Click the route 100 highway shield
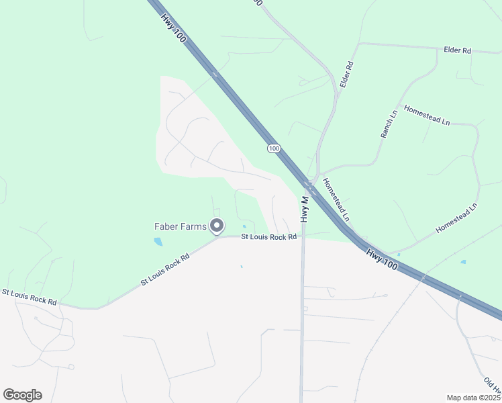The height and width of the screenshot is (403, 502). (273, 148)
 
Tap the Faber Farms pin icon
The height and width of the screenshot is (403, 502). (217, 226)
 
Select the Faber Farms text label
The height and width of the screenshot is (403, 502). (181, 226)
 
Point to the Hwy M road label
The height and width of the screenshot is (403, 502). (305, 209)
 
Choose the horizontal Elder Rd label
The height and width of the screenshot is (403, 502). (458, 50)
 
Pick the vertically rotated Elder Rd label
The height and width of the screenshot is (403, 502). (346, 75)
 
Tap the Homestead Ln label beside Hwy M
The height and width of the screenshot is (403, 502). (336, 199)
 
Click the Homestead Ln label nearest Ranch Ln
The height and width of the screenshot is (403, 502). (426, 115)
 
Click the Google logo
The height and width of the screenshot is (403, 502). (22, 395)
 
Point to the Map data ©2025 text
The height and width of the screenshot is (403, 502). (473, 398)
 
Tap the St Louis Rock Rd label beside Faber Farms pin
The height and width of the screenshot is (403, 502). (268, 237)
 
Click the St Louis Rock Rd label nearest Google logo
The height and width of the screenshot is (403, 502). (29, 297)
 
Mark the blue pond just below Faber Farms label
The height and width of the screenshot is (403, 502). (158, 241)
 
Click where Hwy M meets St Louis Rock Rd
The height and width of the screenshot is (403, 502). (303, 236)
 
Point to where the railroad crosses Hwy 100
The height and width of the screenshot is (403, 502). (423, 275)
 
